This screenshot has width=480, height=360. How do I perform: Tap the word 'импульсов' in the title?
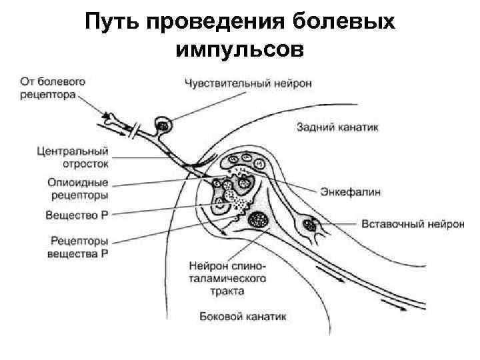tap(239, 49)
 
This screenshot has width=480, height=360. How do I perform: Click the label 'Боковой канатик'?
tap(243, 317)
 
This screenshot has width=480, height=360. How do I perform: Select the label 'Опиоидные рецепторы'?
tap(78, 189)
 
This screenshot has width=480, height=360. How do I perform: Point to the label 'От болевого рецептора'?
tap(53, 88)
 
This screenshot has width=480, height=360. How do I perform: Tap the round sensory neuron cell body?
tap(162, 124)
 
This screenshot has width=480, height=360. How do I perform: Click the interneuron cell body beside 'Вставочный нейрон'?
tap(309, 223)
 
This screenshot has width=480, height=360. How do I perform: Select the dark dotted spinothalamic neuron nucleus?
tap(257, 219)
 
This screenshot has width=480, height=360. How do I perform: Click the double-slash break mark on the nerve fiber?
tap(137, 129)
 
